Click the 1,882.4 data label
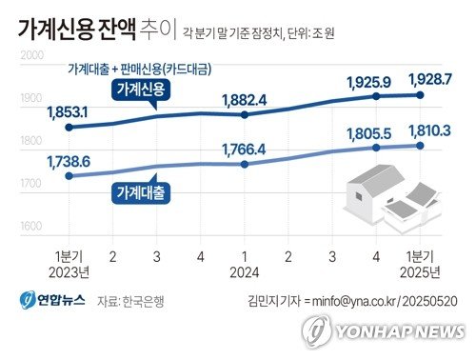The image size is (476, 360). point(244,98)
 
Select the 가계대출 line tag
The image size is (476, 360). point(140,191)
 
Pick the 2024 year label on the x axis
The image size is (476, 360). point(245,271)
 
